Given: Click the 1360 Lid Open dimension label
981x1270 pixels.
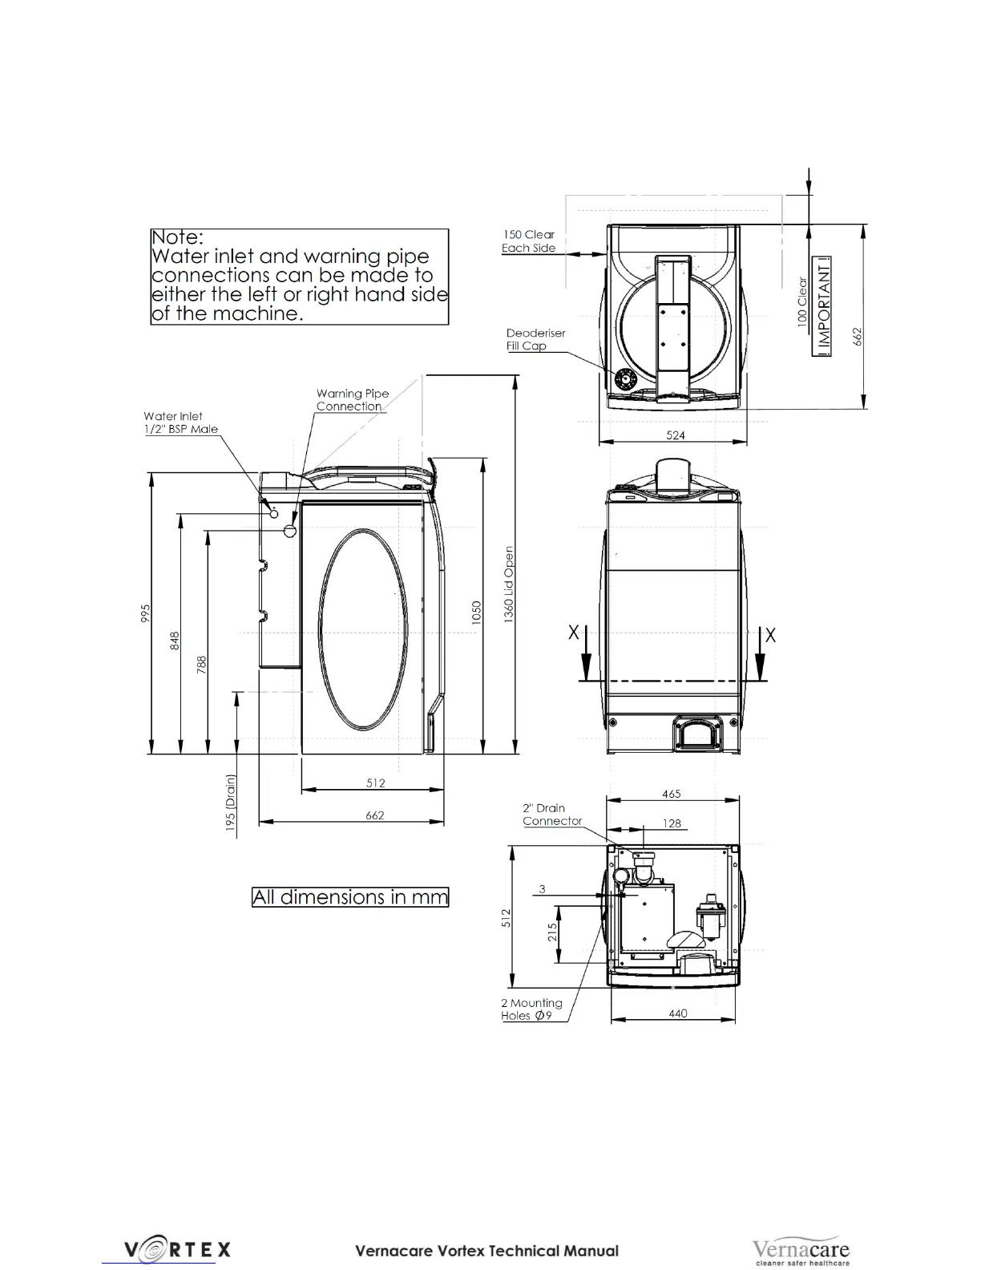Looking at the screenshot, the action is (509, 584).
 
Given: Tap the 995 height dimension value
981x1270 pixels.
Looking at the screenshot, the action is (146, 613).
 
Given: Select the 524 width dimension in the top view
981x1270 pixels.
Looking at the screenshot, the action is (676, 435).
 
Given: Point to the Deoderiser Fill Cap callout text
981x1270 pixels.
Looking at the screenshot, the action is (535, 340).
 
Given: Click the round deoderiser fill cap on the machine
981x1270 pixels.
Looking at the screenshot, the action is (625, 379).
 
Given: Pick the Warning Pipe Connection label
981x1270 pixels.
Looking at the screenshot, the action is (353, 400).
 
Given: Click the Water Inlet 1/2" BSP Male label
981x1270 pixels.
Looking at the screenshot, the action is (180, 423).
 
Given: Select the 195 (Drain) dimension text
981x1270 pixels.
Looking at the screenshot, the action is (231, 803).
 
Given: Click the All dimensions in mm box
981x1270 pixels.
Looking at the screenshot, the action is (350, 896).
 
